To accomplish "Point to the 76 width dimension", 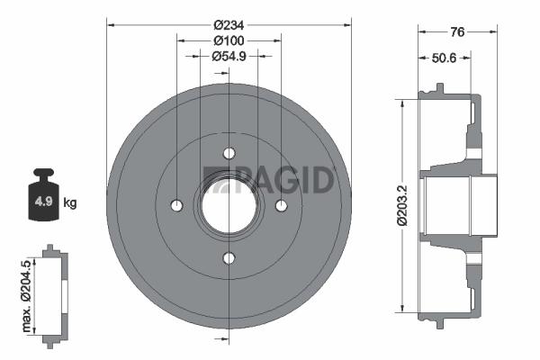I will (x=456, y=32).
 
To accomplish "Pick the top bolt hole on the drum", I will (x=229, y=152).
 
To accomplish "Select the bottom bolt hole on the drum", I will (x=229, y=259).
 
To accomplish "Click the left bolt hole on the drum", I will (x=176, y=206).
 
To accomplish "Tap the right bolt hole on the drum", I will (x=282, y=206).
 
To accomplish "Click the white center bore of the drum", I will (x=229, y=205).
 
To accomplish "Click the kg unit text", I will (x=70, y=203).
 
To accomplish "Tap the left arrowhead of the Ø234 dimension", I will (x=110, y=24).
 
